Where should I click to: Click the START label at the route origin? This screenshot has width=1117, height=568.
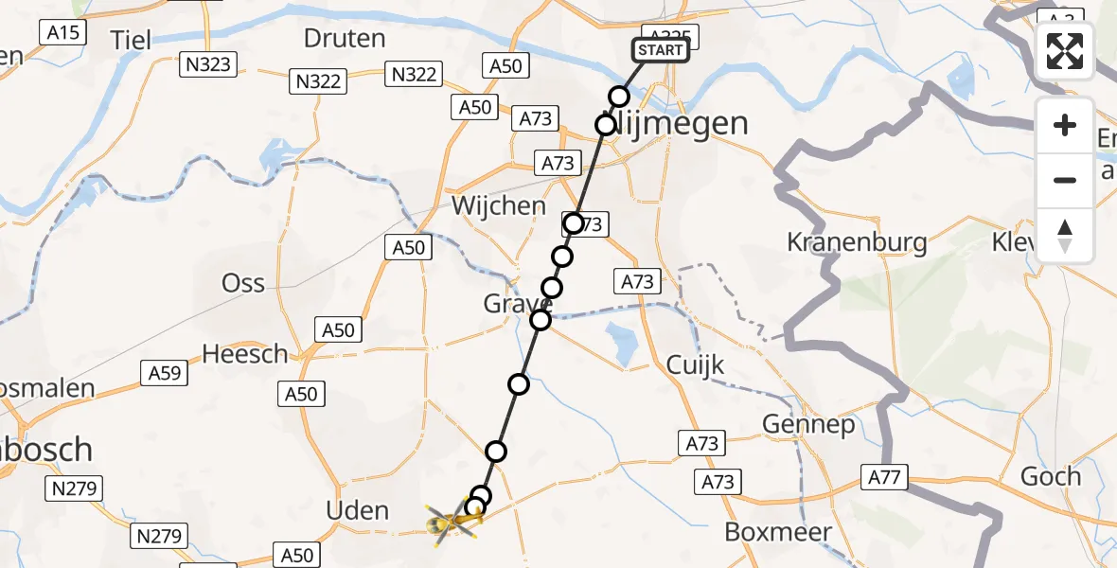click(x=660, y=50)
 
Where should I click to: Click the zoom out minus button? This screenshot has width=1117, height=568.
click(x=1065, y=180)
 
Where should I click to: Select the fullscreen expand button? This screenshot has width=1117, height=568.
click(x=1065, y=51)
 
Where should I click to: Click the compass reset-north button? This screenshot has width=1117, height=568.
click(x=1065, y=236)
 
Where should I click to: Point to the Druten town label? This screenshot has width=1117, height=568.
click(x=345, y=39)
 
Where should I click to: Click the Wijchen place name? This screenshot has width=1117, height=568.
click(x=499, y=205)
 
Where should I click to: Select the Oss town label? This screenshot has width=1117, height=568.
click(x=243, y=282)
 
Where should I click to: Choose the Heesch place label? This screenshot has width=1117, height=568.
click(x=245, y=354)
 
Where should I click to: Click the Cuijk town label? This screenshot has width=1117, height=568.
click(x=695, y=364)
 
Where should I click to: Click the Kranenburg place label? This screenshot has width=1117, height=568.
click(x=857, y=242)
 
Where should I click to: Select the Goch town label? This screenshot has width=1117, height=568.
click(x=1051, y=476)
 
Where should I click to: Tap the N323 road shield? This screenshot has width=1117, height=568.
click(x=209, y=64)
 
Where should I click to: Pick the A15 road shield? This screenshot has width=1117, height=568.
click(x=64, y=32)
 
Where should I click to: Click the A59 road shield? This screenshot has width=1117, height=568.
click(x=165, y=372)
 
